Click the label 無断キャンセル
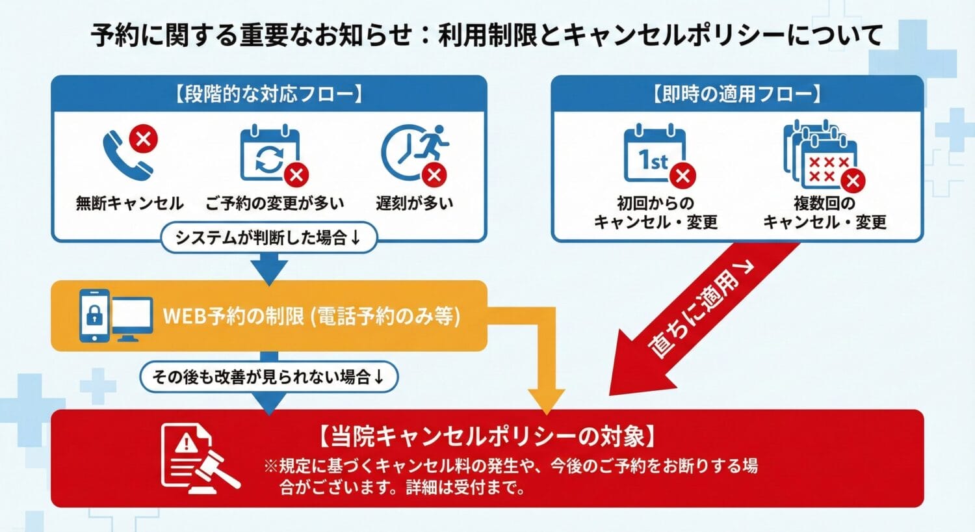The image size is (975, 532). [129, 204]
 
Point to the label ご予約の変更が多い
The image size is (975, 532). [274, 204]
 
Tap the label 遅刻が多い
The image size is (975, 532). [414, 204]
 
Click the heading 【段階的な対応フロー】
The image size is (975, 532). [268, 94]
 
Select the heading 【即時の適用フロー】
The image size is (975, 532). [736, 94]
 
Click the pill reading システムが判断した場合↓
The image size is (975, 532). [268, 237]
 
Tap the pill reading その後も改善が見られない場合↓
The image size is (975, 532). [268, 377]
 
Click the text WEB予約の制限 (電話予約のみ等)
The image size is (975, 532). [311, 316]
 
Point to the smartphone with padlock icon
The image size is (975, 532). [95, 316]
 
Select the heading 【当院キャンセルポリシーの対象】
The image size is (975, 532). [487, 436]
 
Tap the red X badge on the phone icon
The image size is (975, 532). [144, 139]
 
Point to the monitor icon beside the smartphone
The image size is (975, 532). [132, 318]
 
